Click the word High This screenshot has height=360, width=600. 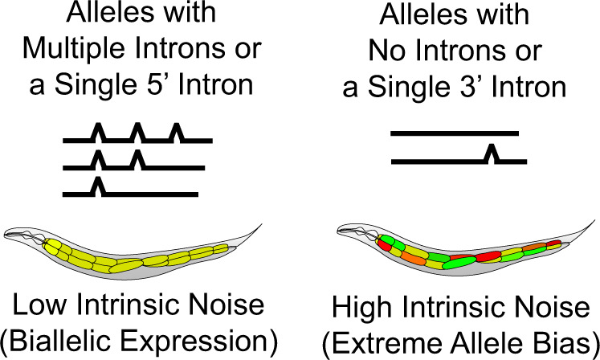point(366,305)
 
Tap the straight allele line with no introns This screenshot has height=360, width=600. point(454,133)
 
